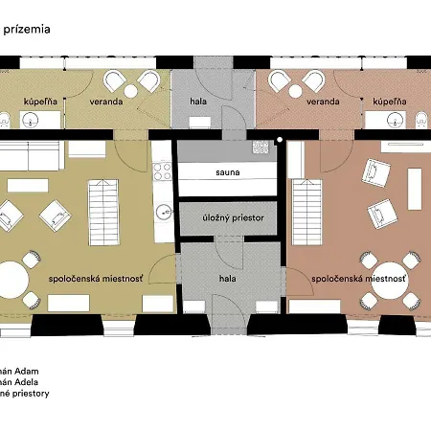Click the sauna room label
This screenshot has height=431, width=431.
pos(228,172)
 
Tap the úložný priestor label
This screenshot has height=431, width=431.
pos(233,218)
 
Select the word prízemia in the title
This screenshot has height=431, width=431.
pos(27,30)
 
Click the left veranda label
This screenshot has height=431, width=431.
pos(106,102)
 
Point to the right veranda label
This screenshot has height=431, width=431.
pos(323,102)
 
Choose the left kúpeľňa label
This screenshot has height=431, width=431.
pos(40,102)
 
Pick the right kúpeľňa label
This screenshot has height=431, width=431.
pos(390,102)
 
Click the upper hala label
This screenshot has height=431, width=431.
pos(198,102)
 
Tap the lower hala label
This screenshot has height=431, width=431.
pos(228,279)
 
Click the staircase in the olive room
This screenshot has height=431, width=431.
pos(103,213)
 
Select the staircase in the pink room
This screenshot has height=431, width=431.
pos(307,213)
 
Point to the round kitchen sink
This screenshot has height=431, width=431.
pos(165,212)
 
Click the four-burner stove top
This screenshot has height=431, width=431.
pos(162,171)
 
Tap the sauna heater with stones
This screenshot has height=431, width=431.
pos(261,147)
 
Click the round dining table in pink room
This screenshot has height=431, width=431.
pos(390,281)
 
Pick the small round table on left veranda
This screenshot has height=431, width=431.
pos(130,91)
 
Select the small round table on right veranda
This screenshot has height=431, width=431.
pos(296,91)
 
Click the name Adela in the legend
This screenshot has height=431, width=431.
pos(27,382)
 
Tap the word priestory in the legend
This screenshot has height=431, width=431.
pos(31,394)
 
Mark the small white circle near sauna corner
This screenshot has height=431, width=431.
pos(280,140)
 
